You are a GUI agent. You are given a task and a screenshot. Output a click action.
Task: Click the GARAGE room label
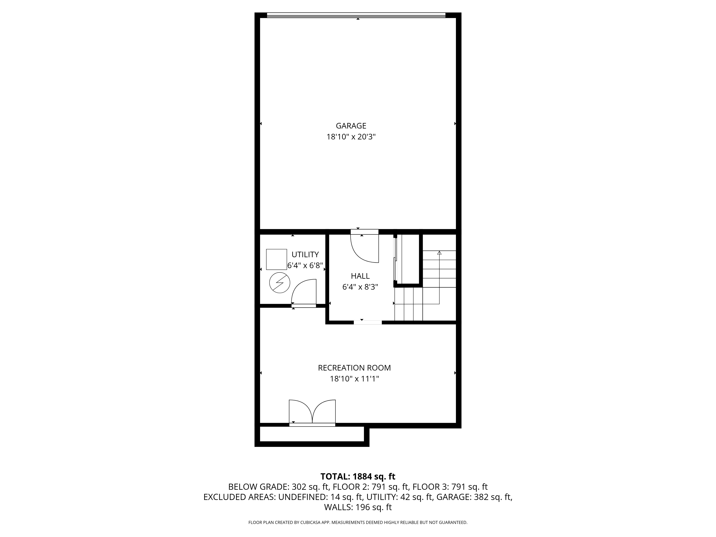point(351,126)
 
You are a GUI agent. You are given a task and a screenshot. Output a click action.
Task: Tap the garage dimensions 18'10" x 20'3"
point(351,137)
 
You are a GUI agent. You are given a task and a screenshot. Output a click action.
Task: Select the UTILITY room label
point(305,254)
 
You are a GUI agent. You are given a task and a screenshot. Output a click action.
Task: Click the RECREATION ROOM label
point(354,368)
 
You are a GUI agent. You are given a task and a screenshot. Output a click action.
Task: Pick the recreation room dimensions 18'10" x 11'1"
point(354,379)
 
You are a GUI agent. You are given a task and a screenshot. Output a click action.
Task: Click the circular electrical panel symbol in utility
point(279,283)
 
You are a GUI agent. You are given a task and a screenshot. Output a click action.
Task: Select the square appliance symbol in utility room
point(276,259)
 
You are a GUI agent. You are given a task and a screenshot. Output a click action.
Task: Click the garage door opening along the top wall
point(356,15)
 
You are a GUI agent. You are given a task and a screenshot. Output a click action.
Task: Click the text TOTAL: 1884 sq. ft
point(358,476)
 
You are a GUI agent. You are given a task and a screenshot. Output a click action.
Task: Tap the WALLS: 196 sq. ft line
point(358,507)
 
